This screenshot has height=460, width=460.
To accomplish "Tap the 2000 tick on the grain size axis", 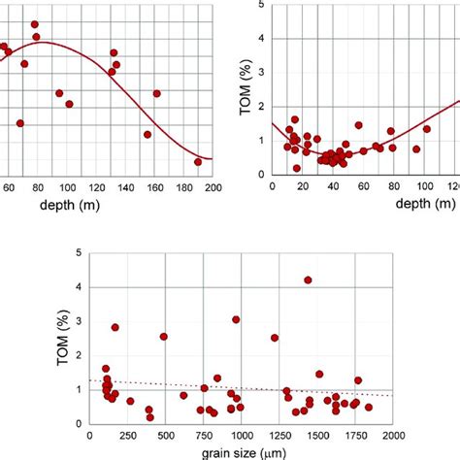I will click(x=393, y=434).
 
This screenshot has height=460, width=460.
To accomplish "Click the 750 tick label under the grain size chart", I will click(x=203, y=434).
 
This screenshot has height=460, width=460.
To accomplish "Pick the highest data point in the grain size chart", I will click(x=308, y=279).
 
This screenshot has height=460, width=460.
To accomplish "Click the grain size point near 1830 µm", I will click(x=368, y=408).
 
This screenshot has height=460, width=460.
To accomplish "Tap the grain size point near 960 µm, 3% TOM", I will click(x=235, y=319).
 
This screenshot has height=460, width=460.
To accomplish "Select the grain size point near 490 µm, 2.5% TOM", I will click(x=163, y=337).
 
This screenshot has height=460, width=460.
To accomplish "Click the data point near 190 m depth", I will click(x=198, y=162).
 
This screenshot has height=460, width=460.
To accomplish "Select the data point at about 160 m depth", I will click(x=157, y=93).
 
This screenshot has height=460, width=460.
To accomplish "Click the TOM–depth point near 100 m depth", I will click(x=427, y=129).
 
